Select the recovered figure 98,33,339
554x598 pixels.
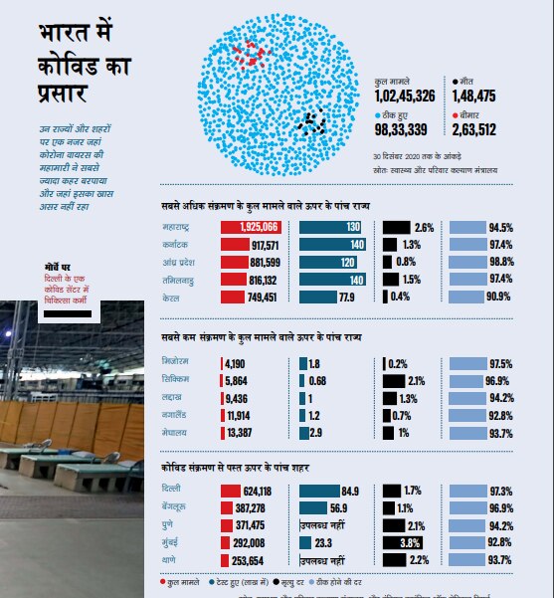pos(402,129)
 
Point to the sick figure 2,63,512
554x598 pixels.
pos(480,129)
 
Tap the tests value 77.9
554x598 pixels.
pos(346,297)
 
